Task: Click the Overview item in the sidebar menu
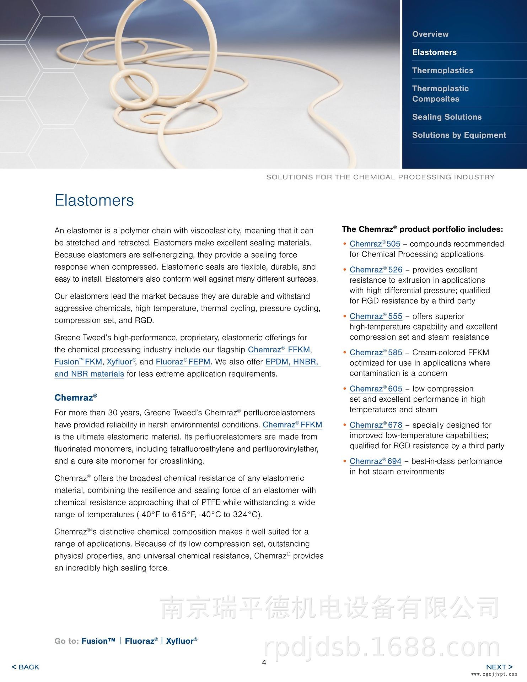click(x=430, y=34)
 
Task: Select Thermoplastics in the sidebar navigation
click(x=442, y=70)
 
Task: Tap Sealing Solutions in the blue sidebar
click(x=447, y=117)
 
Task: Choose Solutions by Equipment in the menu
click(x=459, y=135)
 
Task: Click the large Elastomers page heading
click(x=94, y=200)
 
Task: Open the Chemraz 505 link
click(x=375, y=244)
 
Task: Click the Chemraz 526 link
click(x=376, y=270)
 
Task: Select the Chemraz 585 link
click(x=376, y=353)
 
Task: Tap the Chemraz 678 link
click(x=376, y=425)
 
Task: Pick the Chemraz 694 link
click(x=375, y=461)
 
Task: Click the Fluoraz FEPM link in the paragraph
click(x=183, y=362)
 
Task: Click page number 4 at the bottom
click(x=264, y=662)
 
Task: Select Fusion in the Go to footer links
click(x=98, y=641)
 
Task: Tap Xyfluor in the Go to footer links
click(x=182, y=641)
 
